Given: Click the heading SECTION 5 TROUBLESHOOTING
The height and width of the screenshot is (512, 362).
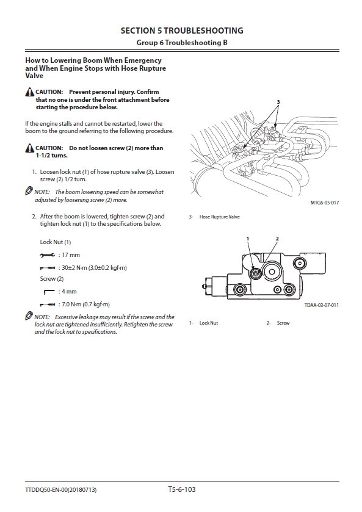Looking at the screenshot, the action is click(x=182, y=31).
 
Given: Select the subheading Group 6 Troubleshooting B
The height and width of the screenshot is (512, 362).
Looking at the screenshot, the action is click(x=182, y=43).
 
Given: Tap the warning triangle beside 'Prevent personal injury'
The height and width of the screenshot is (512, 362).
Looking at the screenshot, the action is click(x=30, y=92).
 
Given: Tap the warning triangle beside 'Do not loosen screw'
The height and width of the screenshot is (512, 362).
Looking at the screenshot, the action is click(x=30, y=148).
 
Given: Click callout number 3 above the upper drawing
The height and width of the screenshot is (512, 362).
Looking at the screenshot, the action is click(x=278, y=102).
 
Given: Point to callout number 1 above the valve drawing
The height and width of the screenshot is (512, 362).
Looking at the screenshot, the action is click(x=248, y=239).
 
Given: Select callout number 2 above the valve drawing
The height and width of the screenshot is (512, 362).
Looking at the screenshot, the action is click(x=277, y=239).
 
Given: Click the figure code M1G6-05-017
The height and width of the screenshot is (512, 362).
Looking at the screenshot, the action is click(x=325, y=203).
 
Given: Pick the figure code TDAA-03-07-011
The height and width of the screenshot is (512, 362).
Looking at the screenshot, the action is click(x=322, y=305).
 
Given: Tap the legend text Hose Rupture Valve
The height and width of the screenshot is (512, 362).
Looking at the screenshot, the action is click(x=220, y=217).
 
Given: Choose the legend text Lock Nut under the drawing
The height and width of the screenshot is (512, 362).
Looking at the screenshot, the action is click(x=209, y=323).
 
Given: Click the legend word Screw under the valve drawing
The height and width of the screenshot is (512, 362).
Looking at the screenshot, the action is click(x=283, y=323).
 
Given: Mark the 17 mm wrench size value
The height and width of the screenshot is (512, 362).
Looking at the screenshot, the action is click(x=71, y=255).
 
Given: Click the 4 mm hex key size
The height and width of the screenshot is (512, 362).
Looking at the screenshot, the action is click(x=69, y=292).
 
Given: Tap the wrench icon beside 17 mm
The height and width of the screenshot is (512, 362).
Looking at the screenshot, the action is click(x=48, y=255).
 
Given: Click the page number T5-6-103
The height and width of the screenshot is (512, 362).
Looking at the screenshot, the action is click(x=182, y=489).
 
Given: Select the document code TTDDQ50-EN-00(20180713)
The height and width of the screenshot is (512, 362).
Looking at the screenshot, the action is click(x=61, y=490).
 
